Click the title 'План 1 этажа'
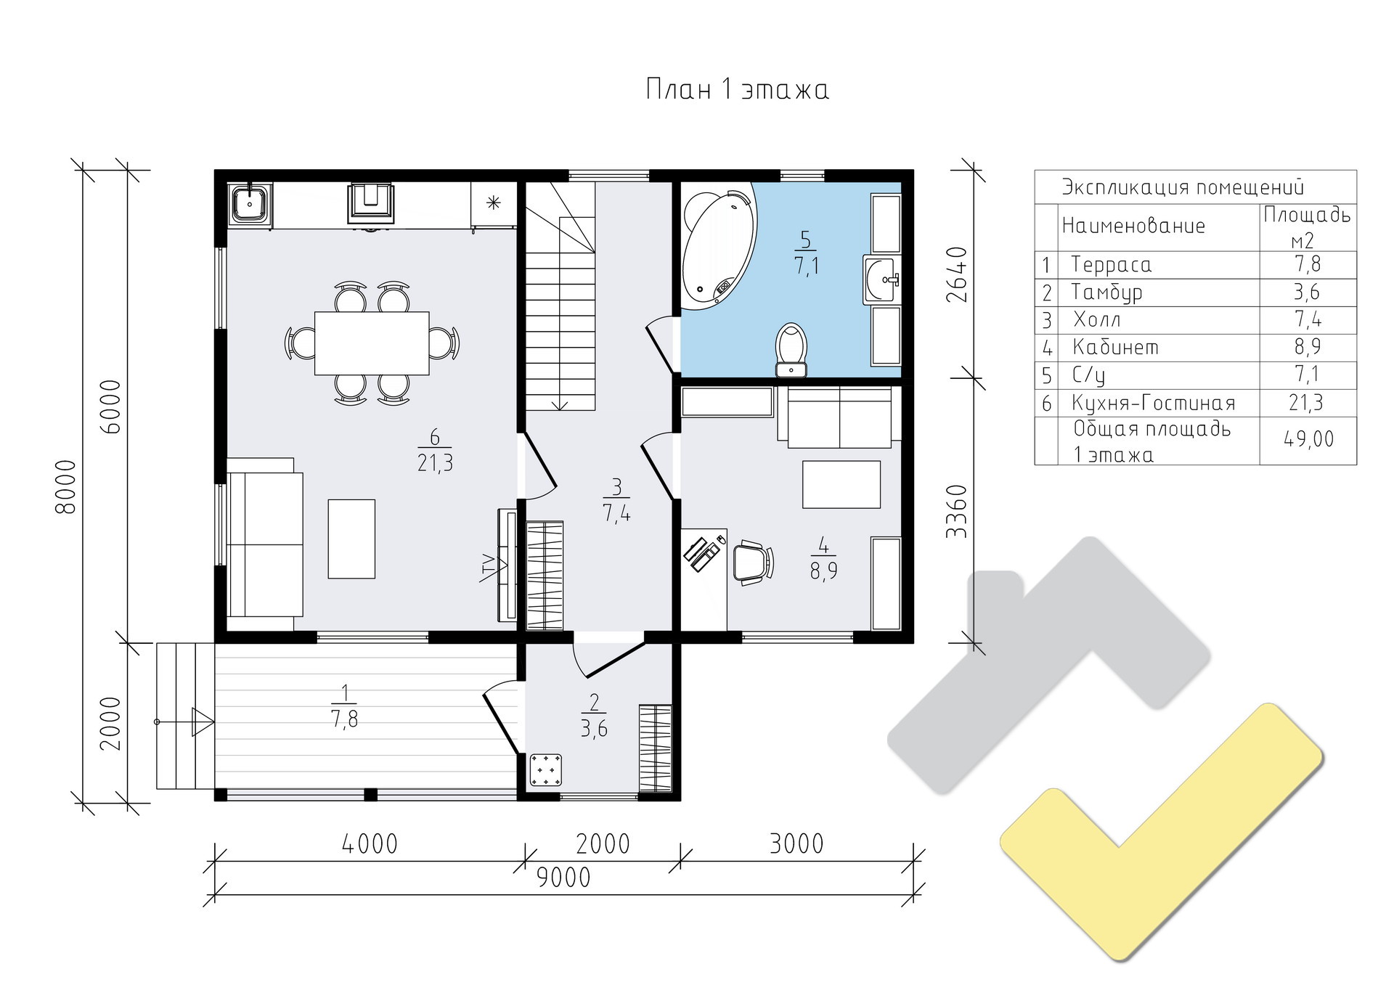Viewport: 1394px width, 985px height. [737, 90]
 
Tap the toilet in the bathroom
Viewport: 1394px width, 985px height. [791, 351]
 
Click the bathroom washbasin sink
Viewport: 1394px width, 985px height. [882, 279]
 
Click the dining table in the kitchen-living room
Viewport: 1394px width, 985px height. [372, 343]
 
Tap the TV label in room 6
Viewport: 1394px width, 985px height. [487, 568]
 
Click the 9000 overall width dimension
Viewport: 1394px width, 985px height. [564, 878]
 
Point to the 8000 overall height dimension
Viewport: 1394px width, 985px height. [65, 486]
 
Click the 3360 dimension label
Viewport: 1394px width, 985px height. [958, 511]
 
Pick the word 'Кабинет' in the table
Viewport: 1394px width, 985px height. [1115, 348]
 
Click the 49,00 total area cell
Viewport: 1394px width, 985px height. [1308, 439]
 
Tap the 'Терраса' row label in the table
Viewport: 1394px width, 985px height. [1112, 265]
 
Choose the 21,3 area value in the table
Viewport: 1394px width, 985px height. [1306, 402]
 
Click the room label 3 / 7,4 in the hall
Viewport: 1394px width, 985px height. [616, 500]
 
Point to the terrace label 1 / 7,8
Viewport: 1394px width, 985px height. [344, 705]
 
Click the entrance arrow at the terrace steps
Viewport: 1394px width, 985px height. [186, 722]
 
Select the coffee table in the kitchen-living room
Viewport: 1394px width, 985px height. [351, 539]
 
